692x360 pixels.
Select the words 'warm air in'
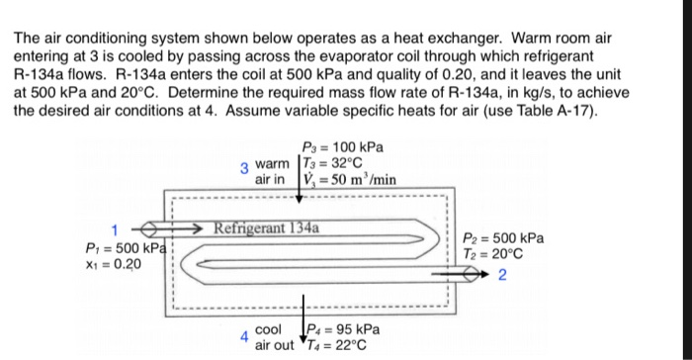[x=272, y=172]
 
